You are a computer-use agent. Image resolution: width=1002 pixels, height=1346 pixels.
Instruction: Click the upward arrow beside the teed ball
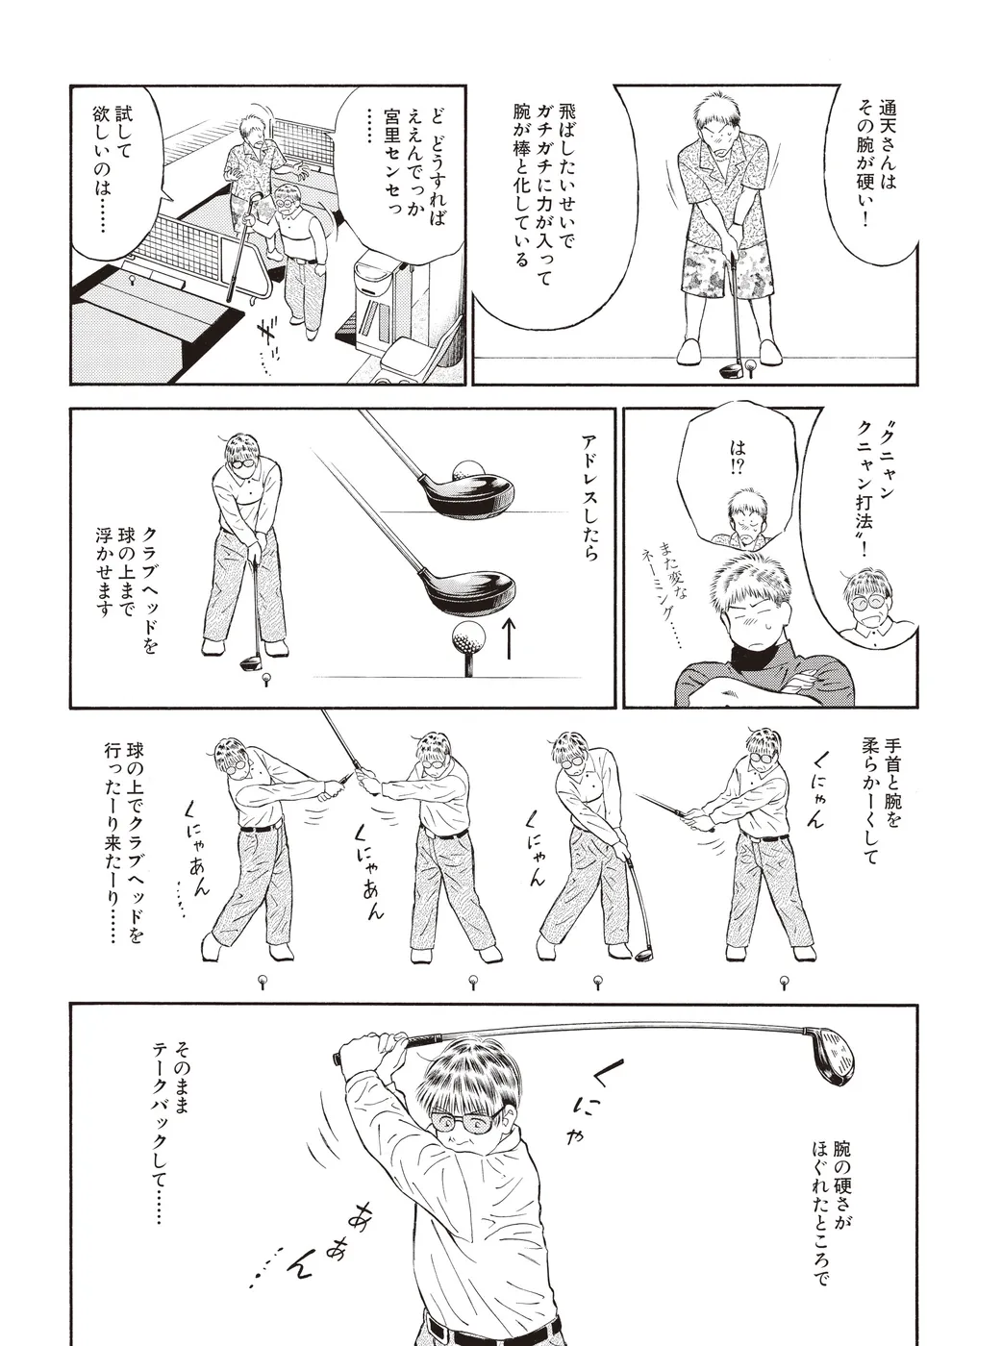[510, 639]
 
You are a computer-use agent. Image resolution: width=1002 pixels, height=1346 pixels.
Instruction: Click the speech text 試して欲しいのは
[112, 170]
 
